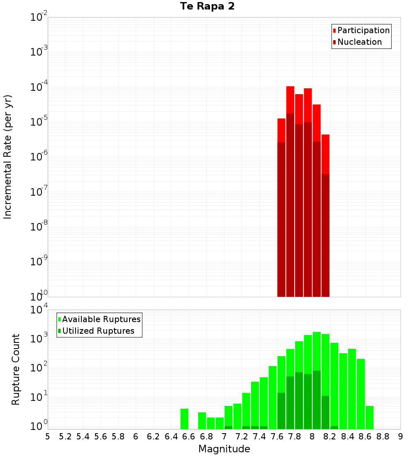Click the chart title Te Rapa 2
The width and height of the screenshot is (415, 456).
point(207,7)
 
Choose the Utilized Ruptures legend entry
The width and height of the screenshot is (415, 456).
point(98,331)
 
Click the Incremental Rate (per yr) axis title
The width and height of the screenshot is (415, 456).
point(7,157)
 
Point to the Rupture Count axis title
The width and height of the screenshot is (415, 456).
point(16,369)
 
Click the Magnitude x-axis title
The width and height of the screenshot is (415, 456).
point(224,449)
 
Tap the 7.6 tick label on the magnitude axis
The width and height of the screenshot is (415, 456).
point(277,437)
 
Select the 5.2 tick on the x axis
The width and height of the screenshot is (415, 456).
point(65,437)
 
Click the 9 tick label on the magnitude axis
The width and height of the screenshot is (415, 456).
point(400,437)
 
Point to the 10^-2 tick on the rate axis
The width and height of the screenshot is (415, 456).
point(39,17)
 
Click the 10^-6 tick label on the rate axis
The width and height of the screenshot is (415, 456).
point(39,157)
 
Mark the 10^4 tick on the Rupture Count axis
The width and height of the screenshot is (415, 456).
point(39,310)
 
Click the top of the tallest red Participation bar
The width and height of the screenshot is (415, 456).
point(290,87)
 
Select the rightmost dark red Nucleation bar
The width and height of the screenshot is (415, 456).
point(325,232)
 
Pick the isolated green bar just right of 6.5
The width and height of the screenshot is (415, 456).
point(184,419)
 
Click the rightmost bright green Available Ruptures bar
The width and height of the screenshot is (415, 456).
point(369,417)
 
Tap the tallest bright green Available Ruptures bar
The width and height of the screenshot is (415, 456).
point(317,373)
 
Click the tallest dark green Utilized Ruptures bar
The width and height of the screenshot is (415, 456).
point(317,398)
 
